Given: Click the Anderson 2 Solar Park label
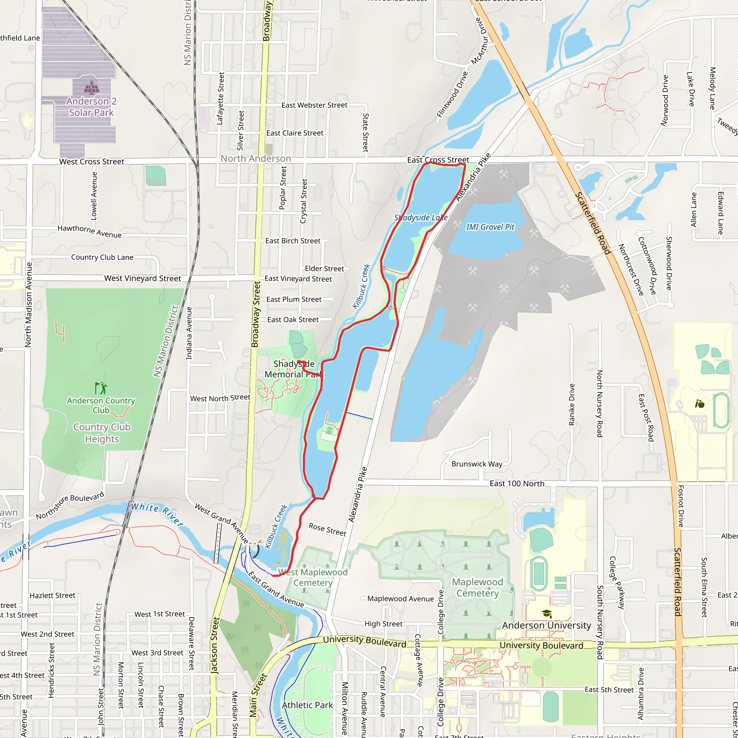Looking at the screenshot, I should click(x=91, y=107).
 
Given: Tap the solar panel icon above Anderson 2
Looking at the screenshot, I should click(x=91, y=88).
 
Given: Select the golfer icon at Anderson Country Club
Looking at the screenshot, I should click(x=101, y=388).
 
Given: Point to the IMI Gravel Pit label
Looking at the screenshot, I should click(x=490, y=227).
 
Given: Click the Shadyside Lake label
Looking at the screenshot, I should click(x=421, y=218).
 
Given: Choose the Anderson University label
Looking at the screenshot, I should click(x=546, y=625).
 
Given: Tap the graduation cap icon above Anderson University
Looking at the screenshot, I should click(x=547, y=613).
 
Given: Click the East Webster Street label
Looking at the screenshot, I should click(x=314, y=105).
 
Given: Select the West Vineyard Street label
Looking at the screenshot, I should click(x=142, y=279).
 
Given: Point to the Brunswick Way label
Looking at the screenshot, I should click(x=477, y=464).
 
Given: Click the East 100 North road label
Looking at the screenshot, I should click(x=517, y=484).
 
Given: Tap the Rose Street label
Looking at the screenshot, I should click(x=327, y=529).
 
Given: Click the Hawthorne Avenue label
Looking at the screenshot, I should click(x=89, y=231).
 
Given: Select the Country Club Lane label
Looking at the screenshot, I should click(x=102, y=257).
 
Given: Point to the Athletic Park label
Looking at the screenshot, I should click(x=307, y=705).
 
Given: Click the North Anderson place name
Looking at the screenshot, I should click(x=255, y=159).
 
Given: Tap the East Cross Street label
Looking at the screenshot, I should click(x=438, y=160).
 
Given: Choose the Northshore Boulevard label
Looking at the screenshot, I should click(x=70, y=506).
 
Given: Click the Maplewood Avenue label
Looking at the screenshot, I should click(x=400, y=599).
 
